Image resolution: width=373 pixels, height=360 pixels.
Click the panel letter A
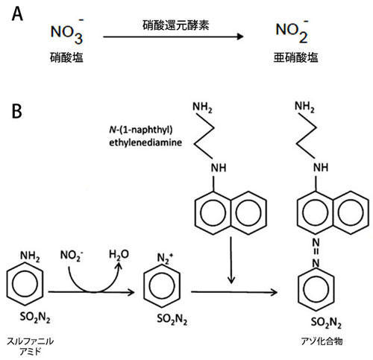point(17,14)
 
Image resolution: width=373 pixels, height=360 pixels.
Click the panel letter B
point(17,111)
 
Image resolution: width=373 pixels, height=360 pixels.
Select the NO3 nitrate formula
point(67,31)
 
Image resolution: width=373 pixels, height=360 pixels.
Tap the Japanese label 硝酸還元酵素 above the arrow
point(176,25)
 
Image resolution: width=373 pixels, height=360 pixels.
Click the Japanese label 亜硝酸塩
point(296,57)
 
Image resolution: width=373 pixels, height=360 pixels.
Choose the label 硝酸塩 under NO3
point(66,57)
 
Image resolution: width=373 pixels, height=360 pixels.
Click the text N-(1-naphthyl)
point(141,130)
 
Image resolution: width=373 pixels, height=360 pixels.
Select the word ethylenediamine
point(145,142)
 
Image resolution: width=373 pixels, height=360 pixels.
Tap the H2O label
point(119,254)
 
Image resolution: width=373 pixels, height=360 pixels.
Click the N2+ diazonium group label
point(166,259)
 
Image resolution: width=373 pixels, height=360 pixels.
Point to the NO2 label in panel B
point(72,256)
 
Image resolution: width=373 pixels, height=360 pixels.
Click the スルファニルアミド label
point(30,346)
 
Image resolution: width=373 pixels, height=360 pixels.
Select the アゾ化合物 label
point(322,341)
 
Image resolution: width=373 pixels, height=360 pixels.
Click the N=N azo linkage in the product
point(316,253)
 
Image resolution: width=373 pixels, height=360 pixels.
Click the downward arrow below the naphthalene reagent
point(231,260)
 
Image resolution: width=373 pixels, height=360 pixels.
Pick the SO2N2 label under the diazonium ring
point(172,319)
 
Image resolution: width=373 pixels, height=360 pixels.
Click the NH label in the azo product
point(321,168)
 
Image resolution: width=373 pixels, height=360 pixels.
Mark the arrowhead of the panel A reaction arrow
point(240,37)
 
